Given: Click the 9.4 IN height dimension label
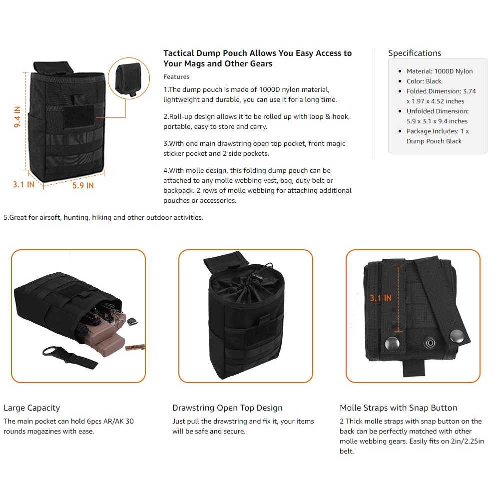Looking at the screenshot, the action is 17,117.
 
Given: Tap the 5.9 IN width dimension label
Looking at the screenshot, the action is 83,186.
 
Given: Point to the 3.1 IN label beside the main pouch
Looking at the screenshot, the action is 23,184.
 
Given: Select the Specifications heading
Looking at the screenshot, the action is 414,53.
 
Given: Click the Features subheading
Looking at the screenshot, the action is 176,77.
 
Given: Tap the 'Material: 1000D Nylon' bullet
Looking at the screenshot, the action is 439,71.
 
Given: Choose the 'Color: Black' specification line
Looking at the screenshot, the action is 424,81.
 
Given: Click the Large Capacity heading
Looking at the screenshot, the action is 31,408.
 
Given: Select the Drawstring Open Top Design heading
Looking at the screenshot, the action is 227,408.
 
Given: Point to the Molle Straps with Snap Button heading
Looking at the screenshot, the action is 398,408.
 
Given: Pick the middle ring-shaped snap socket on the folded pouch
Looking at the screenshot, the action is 430,343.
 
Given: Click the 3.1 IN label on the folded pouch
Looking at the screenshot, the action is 381,298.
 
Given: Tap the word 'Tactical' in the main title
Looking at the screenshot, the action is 179,53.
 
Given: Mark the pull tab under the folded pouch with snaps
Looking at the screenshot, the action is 414,368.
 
